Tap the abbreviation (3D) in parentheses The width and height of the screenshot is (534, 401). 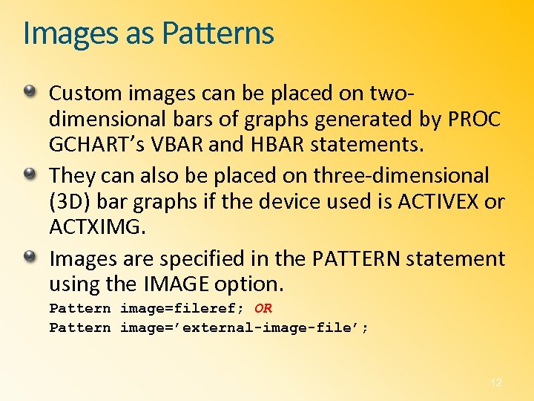pos(68,201)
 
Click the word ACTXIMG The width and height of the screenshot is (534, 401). pos(96,226)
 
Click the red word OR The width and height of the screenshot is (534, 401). pos(263,309)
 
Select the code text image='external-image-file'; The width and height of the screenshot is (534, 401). pos(244,328)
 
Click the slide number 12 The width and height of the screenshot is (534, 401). pos(496,382)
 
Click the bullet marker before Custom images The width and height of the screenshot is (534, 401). pos(29,91)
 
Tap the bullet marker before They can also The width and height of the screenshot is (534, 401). pos(29,175)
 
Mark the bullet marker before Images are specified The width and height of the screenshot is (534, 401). pos(29,257)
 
